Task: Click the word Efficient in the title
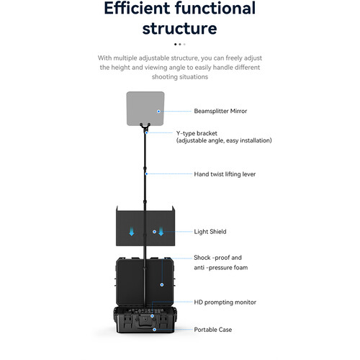point(137,8)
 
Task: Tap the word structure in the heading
point(180,29)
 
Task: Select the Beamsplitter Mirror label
point(220,111)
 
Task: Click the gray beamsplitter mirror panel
point(145,108)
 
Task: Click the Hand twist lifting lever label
point(225,174)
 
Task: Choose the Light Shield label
point(210,232)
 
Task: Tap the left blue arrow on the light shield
point(132,232)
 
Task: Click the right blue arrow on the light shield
point(161,231)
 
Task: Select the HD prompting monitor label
point(225,302)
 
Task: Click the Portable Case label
point(213,330)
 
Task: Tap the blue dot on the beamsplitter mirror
point(158,112)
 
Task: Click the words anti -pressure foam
point(221,268)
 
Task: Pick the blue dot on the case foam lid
point(162,284)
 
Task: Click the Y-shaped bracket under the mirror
point(145,127)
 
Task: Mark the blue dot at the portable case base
point(155,330)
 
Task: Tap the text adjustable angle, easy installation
point(224,140)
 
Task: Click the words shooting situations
point(180,77)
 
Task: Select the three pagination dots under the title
point(180,44)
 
